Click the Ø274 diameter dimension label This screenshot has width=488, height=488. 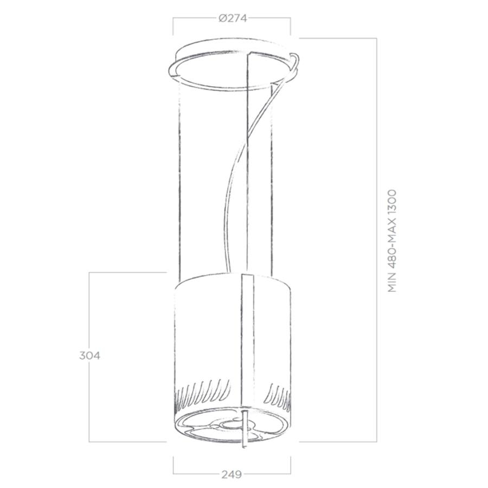tap(233, 18)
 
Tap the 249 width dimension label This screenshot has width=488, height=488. tap(232, 474)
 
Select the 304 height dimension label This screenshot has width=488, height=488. tap(89, 355)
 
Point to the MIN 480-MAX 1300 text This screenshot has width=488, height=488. tap(393, 241)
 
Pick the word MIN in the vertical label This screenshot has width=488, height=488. tap(393, 282)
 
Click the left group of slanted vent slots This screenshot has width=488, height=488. tap(203, 393)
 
